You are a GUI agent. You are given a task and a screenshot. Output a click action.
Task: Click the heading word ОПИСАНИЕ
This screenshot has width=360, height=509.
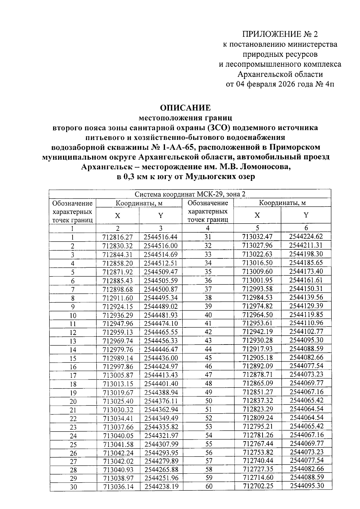click(185, 108)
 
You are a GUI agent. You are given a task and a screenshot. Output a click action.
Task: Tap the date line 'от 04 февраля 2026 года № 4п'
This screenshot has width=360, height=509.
click(280, 84)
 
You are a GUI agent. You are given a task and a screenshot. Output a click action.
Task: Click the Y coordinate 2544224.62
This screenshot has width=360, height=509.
click(306, 236)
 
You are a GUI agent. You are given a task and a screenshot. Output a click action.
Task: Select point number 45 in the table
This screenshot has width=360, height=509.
click(208, 358)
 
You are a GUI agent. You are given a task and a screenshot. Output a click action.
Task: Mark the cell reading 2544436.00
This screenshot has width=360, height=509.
click(161, 358)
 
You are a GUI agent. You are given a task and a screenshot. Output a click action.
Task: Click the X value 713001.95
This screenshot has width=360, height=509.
click(257, 280)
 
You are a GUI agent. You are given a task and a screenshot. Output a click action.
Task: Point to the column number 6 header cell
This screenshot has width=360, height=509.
click(306, 228)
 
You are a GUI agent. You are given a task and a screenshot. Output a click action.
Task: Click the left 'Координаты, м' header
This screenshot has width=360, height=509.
click(139, 203)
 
